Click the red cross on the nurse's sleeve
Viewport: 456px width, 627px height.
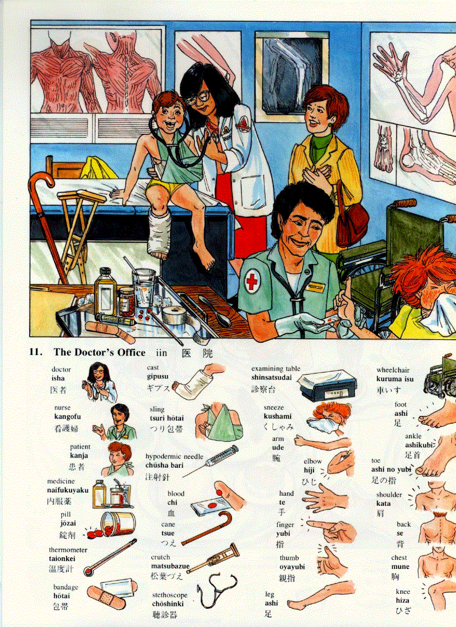(252, 281)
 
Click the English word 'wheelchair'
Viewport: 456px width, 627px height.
(393, 370)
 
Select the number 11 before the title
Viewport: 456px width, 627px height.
(36, 352)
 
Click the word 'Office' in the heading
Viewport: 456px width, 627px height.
(130, 352)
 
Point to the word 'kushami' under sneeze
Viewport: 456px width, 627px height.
(278, 417)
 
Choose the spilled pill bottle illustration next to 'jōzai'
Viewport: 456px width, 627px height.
(117, 525)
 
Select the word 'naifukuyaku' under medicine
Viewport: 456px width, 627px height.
(68, 490)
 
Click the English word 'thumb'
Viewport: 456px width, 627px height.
(289, 558)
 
